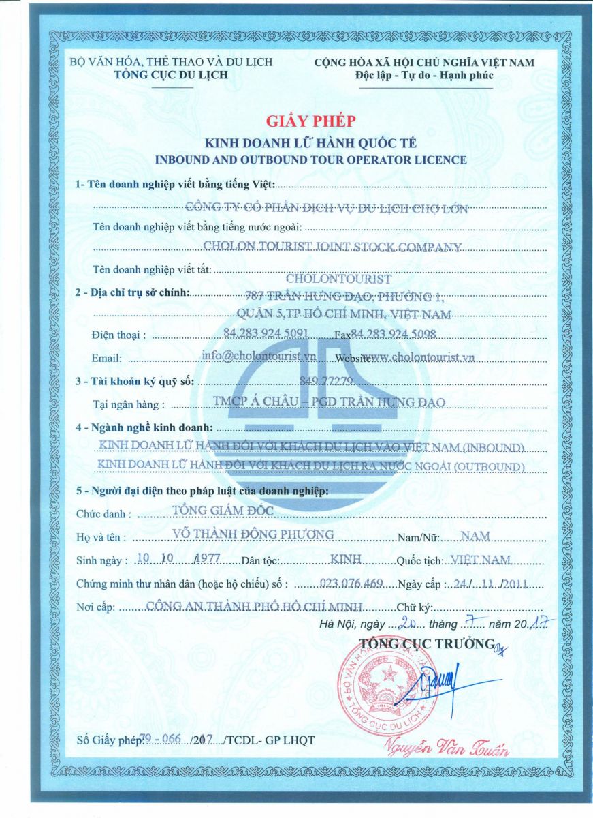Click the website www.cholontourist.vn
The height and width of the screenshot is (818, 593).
point(418,357)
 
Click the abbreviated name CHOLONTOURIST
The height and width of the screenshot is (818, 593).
point(338,279)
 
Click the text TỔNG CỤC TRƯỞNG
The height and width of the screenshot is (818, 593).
point(426,643)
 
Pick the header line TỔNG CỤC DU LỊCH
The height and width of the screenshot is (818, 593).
point(171,74)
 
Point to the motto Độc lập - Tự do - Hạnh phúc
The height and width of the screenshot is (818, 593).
point(424,74)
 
